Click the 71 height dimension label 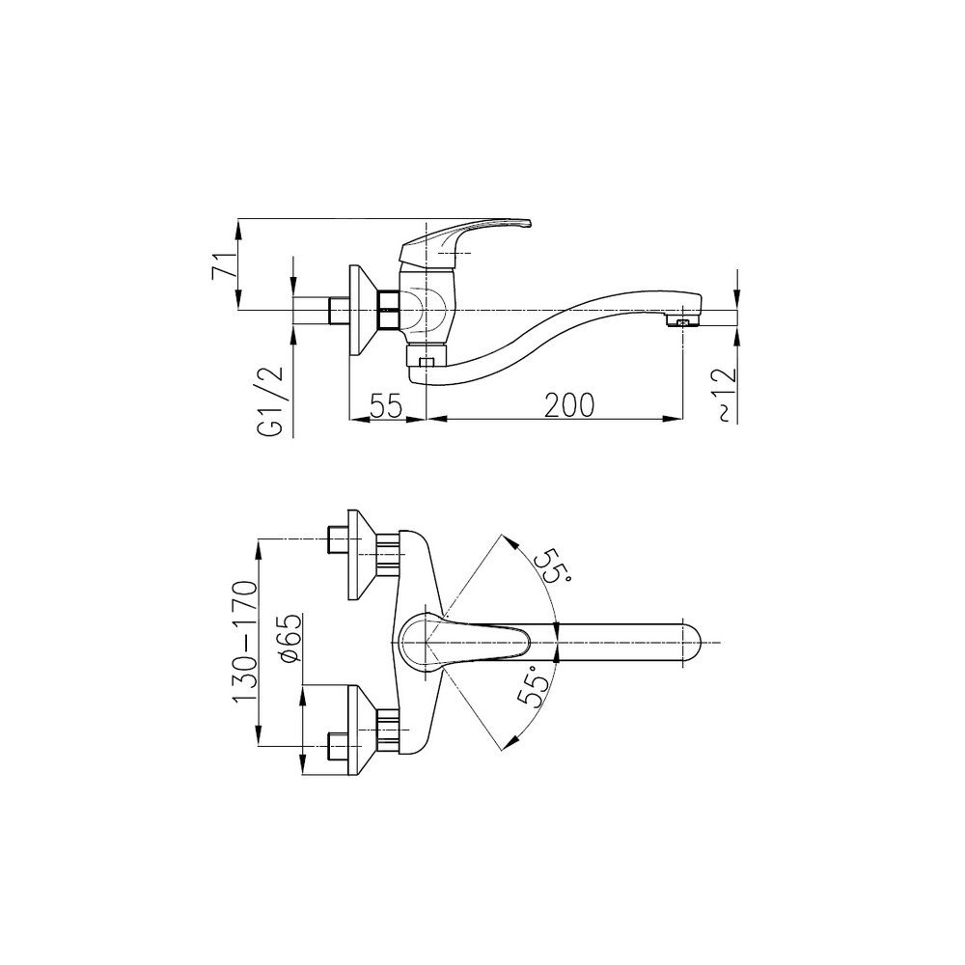222,266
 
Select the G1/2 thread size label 271,401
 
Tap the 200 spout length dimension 569,404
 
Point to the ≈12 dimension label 727,395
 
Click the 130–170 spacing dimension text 244,642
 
